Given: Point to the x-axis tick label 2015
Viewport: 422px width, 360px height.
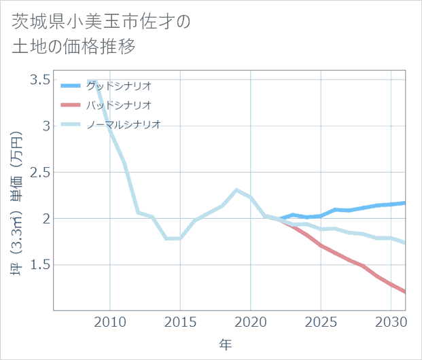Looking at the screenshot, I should pyautogui.click(x=180, y=321).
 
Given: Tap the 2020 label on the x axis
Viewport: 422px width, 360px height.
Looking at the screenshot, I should pyautogui.click(x=251, y=321).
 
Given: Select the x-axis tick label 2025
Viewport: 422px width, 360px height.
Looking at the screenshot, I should pyautogui.click(x=321, y=321).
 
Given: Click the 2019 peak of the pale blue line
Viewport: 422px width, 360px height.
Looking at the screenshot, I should pyautogui.click(x=236, y=190).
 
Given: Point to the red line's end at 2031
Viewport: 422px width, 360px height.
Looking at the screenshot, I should pyautogui.click(x=405, y=292).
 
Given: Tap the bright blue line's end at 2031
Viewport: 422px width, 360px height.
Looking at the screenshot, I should pyautogui.click(x=405, y=202).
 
